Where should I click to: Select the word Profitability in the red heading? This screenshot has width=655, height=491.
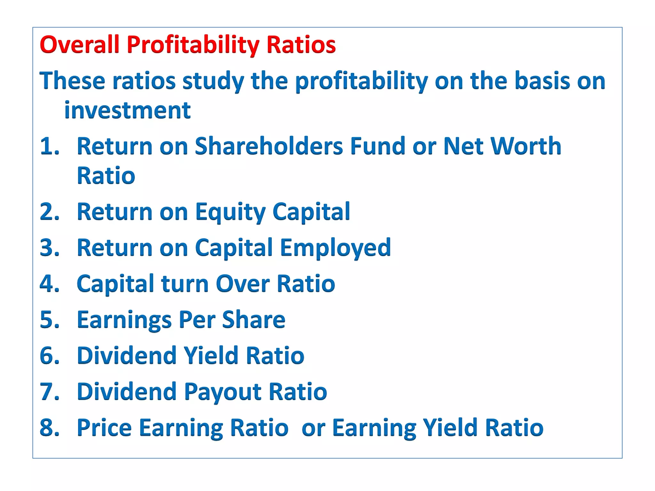click(193, 45)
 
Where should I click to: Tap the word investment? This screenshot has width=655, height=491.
click(127, 110)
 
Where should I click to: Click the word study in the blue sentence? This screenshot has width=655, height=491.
click(213, 81)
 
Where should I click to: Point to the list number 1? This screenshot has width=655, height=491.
click(49, 146)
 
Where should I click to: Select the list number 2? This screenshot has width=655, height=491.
click(49, 212)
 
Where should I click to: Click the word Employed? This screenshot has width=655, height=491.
click(335, 248)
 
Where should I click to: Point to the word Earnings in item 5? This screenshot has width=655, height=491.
click(124, 320)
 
